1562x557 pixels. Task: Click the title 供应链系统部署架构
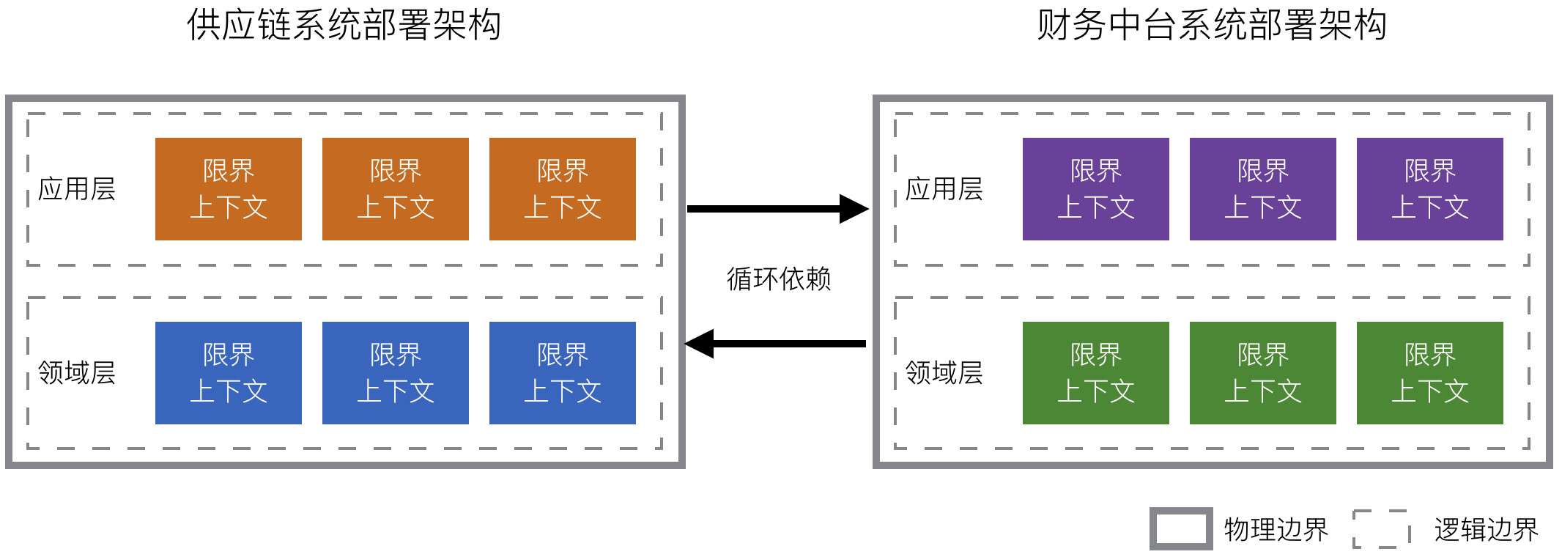pos(344,26)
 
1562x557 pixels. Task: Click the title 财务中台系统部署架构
pos(1212,26)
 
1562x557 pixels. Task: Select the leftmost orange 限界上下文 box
pos(229,189)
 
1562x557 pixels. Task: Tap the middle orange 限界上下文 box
pos(396,189)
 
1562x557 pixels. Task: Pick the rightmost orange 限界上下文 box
pos(563,189)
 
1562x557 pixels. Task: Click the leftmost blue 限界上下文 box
pos(229,373)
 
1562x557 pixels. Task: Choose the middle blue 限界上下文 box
pos(396,373)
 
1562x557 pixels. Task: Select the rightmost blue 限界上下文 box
pos(563,373)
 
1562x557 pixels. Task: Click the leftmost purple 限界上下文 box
pos(1096,189)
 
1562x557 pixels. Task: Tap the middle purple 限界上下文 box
pos(1263,189)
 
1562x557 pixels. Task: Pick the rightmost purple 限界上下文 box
pos(1430,189)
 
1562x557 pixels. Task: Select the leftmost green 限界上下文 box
pos(1096,373)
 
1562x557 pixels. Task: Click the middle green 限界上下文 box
pos(1263,373)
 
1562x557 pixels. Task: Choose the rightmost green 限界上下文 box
pos(1430,373)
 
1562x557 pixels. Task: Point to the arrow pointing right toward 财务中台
pos(777,209)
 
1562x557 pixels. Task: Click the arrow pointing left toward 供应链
pos(777,343)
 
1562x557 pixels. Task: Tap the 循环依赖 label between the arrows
pos(779,279)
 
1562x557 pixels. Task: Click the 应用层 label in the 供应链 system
pos(77,189)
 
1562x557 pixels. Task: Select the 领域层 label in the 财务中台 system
pos(944,373)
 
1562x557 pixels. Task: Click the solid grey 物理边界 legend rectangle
pos(1181,528)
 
